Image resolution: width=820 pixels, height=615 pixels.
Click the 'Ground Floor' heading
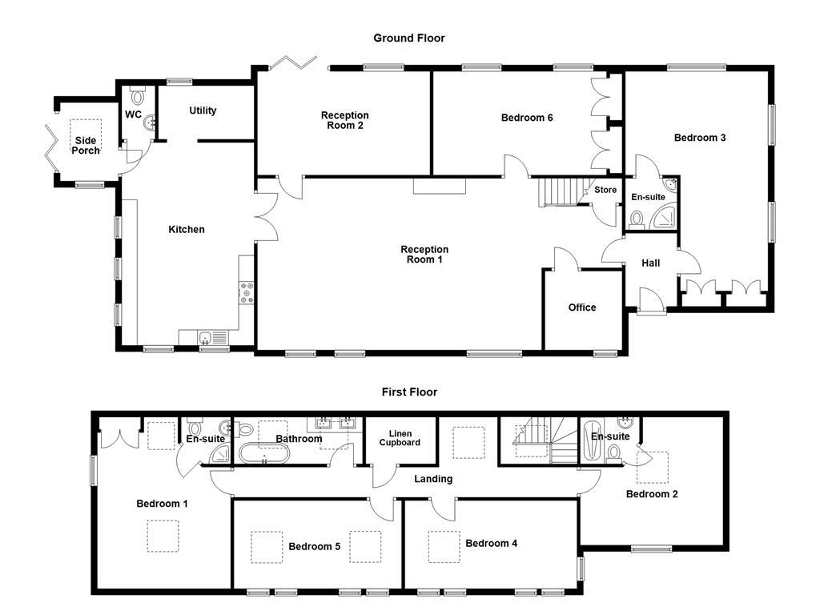tap(408, 38)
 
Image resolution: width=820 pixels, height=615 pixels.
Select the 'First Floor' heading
tap(408, 392)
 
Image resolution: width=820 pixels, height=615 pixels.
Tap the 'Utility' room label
tap(203, 111)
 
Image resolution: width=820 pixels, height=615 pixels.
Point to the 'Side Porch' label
tap(86, 145)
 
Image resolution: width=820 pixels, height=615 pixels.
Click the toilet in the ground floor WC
tap(138, 95)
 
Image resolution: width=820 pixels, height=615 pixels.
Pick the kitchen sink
tap(204, 337)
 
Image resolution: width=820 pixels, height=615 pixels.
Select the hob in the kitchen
tap(247, 293)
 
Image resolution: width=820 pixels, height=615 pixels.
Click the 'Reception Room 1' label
tap(424, 255)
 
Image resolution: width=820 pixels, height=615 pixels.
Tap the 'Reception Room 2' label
tap(344, 120)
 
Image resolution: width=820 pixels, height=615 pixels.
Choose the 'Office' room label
tap(582, 307)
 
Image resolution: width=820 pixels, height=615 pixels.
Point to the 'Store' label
tap(605, 190)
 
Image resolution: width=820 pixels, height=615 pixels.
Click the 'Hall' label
tap(650, 263)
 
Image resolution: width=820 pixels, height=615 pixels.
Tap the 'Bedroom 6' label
tap(527, 118)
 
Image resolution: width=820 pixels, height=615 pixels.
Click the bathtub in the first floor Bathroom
tap(264, 455)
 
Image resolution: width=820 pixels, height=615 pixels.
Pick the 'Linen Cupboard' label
tap(400, 438)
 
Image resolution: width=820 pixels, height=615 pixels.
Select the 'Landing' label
tap(433, 479)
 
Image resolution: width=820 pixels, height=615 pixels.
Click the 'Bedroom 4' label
tap(491, 543)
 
